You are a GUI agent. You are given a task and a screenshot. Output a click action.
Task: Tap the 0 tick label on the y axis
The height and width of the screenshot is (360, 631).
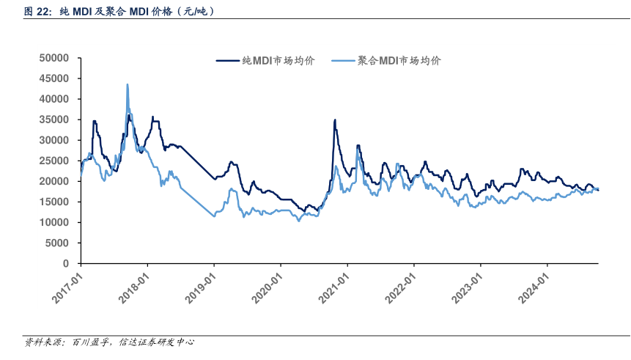pos(65,263)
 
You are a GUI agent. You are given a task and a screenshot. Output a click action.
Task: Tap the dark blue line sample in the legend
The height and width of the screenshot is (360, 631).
pos(228,62)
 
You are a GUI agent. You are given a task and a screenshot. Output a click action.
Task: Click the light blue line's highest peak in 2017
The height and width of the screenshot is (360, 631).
pos(128,84)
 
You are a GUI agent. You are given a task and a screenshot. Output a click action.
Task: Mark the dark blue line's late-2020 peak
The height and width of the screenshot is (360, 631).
pos(335,120)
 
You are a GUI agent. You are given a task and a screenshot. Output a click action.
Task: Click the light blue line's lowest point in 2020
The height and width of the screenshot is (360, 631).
pos(298,221)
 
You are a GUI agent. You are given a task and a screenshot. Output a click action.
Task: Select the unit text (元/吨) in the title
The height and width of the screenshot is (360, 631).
pos(199,11)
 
